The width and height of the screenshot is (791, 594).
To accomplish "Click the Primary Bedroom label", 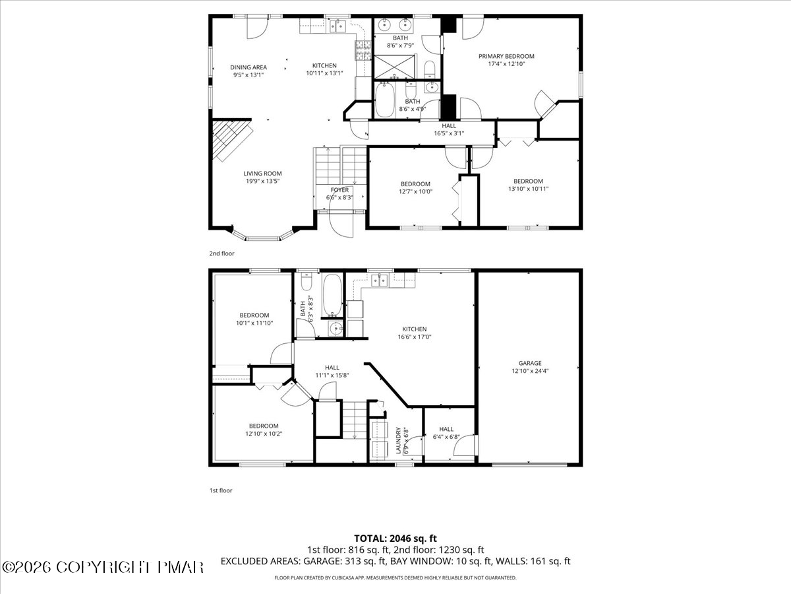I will click(506, 57).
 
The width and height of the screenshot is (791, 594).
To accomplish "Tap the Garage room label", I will click(529, 363).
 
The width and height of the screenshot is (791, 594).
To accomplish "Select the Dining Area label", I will click(249, 67).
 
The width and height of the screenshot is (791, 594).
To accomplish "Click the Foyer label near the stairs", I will click(339, 190).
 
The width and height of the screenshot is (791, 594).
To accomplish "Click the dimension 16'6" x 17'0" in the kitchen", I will click(415, 337).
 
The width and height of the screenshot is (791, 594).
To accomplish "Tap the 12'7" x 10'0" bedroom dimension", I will click(415, 191).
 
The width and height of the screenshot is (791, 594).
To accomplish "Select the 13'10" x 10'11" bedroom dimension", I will click(528, 189).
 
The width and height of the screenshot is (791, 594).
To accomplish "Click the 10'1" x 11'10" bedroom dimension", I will click(254, 323).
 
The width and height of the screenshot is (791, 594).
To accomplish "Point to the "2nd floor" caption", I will click(221, 253).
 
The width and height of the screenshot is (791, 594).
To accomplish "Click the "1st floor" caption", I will click(221, 490).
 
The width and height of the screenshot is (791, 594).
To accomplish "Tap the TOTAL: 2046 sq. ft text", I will click(395, 537).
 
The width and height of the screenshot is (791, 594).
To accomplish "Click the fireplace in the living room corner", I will click(231, 139).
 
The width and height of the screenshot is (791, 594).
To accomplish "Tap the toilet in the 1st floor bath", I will click(307, 282).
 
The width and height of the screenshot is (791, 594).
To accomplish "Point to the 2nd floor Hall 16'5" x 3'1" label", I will click(449, 129).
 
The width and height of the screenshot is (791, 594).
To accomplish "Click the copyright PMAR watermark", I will click(103, 566).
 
